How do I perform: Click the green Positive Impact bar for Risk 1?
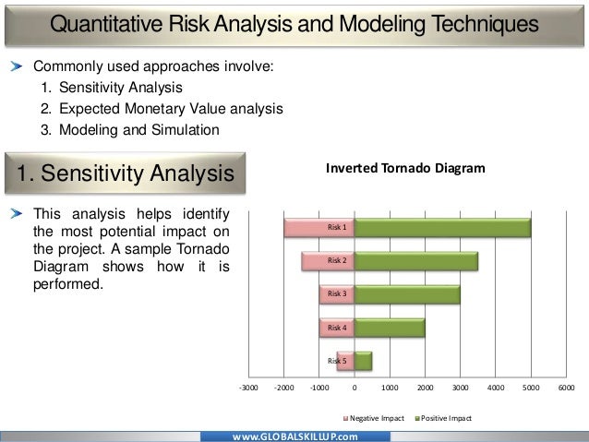tap(442, 227)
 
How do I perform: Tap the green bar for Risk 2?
tap(415, 261)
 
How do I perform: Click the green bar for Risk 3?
tap(406, 294)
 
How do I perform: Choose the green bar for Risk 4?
tap(389, 328)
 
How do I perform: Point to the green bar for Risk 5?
tap(363, 361)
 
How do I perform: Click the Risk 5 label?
tap(338, 361)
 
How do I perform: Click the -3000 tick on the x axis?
tap(248, 388)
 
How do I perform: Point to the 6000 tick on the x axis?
tap(566, 388)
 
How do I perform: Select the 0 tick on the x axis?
tap(355, 388)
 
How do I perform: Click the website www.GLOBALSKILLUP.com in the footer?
tap(294, 435)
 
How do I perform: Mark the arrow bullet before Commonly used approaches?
tap(18, 67)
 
